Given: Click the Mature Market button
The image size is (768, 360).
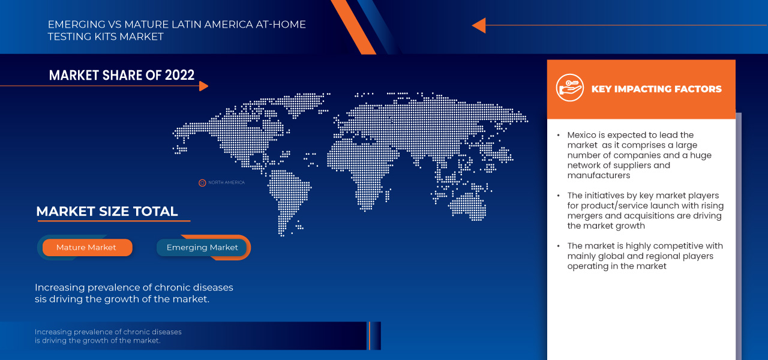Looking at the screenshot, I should (86, 247).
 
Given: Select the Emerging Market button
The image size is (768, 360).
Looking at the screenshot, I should (202, 247).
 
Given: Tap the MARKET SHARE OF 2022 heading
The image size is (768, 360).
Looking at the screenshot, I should (122, 75).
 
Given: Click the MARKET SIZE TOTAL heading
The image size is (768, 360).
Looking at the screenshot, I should (107, 211).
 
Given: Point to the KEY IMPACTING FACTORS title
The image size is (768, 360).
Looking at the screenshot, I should (656, 89).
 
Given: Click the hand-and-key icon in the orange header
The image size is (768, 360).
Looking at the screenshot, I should (569, 88).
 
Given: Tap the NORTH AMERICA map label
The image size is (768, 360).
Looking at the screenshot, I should (226, 182).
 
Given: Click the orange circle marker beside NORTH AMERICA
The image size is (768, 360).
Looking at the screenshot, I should (202, 182).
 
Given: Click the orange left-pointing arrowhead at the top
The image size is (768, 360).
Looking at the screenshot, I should (478, 25).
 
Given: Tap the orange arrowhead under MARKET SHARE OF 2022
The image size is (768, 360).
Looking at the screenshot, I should (203, 86).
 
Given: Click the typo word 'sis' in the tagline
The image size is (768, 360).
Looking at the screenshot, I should (43, 299).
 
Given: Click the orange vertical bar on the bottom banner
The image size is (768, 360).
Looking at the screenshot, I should (370, 335).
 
